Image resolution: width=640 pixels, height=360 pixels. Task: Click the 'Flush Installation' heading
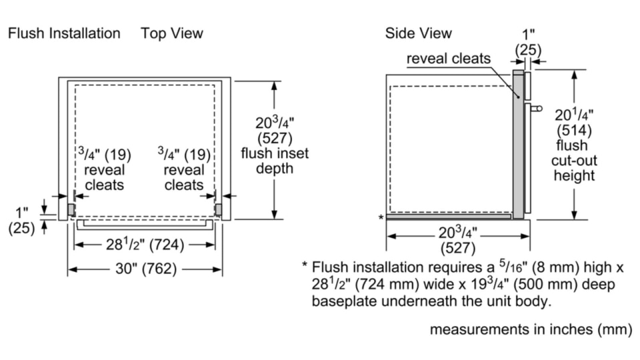[64, 33]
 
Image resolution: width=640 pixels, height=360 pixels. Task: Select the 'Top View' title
[172, 33]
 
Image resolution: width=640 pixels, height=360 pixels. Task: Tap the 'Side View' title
[418, 33]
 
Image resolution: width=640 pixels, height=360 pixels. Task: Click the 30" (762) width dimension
[145, 269]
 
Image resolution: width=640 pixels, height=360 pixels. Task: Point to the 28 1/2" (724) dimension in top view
[145, 245]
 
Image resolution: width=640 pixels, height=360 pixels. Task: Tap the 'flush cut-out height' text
[573, 161]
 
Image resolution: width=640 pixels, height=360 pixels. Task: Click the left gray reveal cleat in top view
[71, 209]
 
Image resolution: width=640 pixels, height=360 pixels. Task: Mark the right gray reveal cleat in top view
[218, 209]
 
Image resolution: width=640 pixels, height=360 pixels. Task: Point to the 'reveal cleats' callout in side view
[449, 59]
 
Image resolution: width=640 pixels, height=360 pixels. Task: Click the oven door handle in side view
[536, 107]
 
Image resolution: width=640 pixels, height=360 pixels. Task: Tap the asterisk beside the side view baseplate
[381, 218]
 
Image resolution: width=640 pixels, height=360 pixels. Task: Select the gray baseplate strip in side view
[449, 216]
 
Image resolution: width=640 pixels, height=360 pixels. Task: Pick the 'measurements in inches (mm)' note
[531, 329]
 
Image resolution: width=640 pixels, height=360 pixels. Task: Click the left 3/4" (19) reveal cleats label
[105, 169]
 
